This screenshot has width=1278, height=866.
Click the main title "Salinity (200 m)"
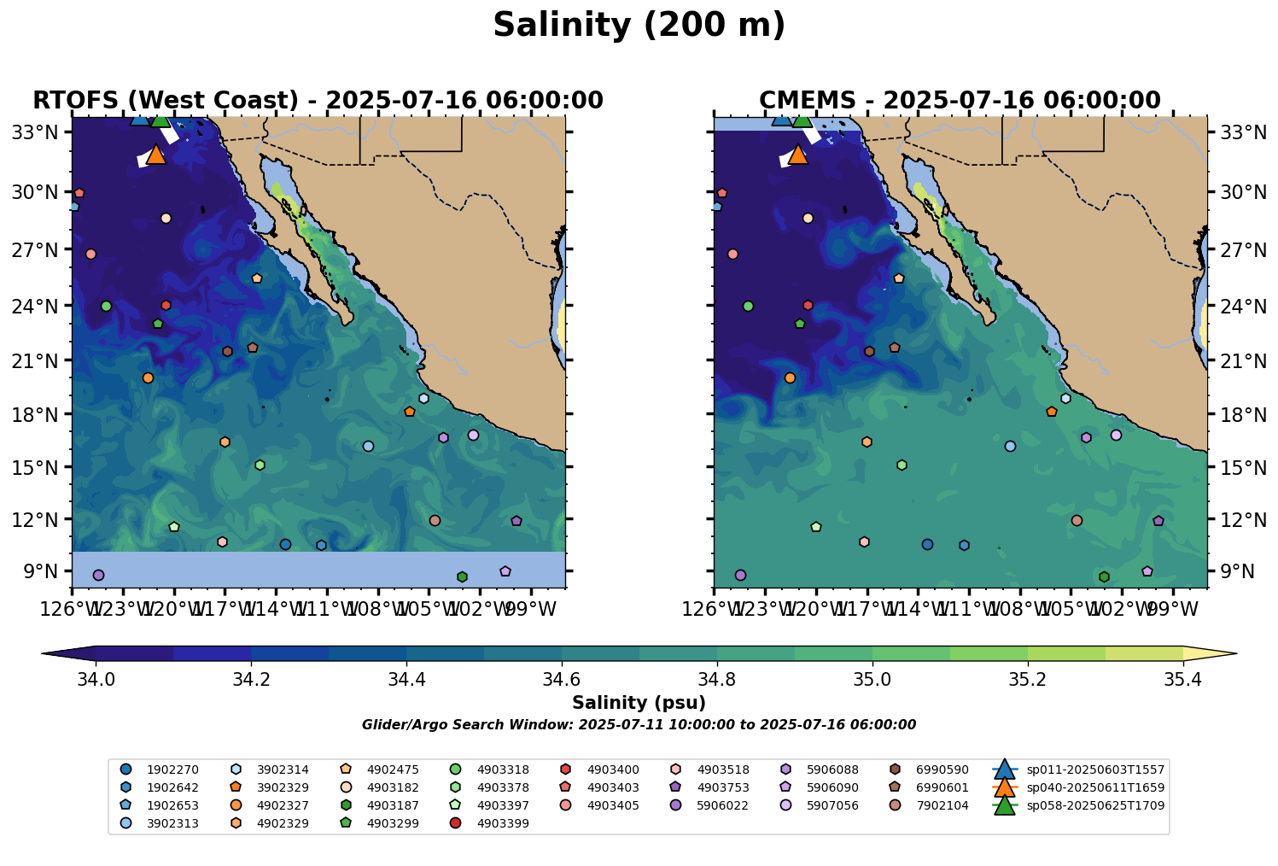639,26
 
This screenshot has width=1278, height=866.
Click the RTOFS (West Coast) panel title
318,101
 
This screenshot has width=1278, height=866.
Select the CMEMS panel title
960,101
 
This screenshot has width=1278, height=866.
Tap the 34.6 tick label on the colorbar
562,680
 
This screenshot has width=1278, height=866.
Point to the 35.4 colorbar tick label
1182,680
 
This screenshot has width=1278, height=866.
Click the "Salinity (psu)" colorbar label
639,704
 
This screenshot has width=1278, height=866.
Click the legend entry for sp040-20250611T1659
1094,787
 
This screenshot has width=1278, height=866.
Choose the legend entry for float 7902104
942,805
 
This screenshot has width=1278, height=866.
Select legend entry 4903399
503,823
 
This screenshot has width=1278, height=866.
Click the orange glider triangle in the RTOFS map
155,155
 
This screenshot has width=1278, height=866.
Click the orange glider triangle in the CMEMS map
797,155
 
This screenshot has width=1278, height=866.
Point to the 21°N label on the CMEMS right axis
1236,361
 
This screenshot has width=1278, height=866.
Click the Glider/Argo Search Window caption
639,725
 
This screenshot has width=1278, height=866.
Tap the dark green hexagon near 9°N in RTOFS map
462,577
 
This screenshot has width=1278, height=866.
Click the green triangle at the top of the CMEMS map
802,120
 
